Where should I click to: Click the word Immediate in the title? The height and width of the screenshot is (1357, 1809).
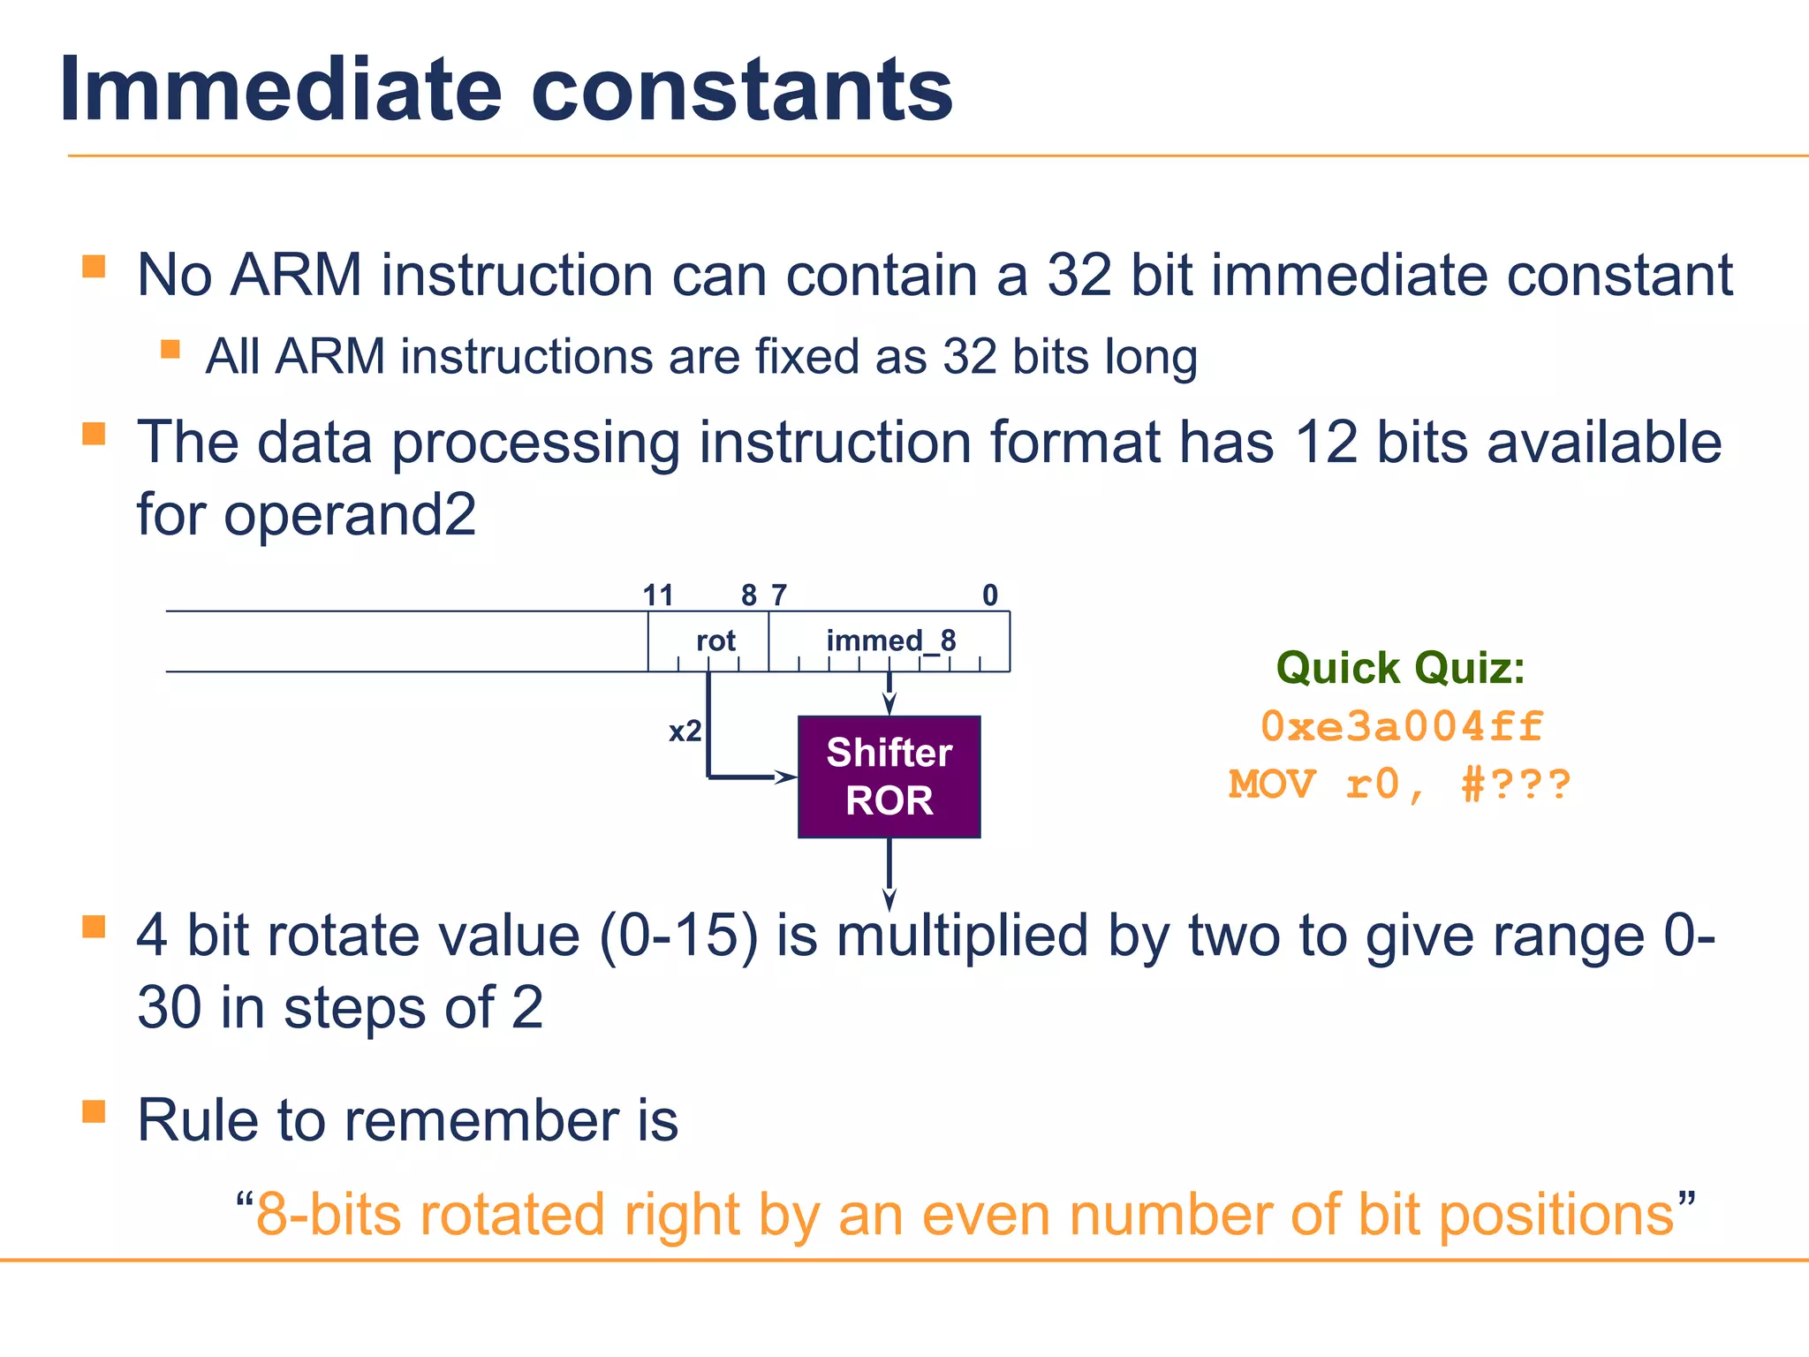[280, 90]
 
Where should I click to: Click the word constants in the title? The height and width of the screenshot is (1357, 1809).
[741, 90]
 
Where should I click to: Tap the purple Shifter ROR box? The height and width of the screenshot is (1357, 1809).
[889, 777]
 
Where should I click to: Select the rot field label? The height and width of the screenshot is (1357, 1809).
[715, 641]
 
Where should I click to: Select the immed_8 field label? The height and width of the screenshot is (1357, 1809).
[890, 641]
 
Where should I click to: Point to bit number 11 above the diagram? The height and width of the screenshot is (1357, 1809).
[658, 595]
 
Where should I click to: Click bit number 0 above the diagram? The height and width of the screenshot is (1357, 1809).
[990, 595]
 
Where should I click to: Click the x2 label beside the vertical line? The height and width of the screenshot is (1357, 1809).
[685, 732]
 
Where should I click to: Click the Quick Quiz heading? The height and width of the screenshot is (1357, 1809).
[1400, 668]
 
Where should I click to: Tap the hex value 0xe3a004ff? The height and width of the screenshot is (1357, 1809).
[1401, 726]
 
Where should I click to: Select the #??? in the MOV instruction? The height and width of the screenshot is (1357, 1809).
[1516, 785]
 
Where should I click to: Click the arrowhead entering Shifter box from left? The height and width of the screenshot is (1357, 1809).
[784, 777]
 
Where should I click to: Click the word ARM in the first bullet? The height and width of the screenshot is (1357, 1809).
[296, 275]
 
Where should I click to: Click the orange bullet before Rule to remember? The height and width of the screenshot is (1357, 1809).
[94, 1111]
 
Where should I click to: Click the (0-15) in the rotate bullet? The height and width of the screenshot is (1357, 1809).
[677, 936]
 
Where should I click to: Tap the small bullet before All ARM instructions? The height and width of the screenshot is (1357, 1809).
[170, 349]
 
